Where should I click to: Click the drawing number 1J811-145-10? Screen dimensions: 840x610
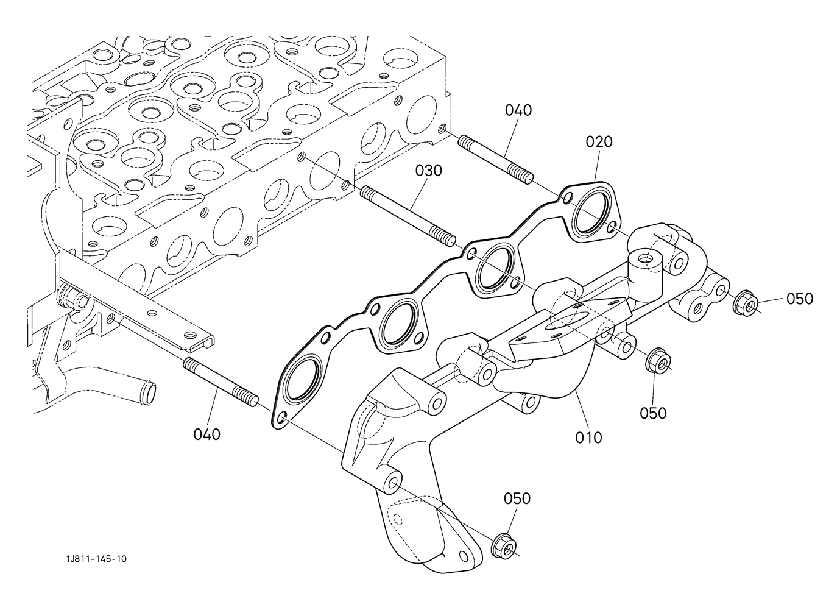[96, 559]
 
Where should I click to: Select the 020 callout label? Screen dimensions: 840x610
[599, 142]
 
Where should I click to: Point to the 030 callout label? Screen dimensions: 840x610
[429, 171]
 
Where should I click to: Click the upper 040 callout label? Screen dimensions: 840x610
[518, 110]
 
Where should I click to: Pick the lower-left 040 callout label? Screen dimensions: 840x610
[207, 434]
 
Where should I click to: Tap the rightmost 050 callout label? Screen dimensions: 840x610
[800, 299]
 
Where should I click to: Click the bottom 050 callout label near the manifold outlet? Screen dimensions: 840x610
[517, 498]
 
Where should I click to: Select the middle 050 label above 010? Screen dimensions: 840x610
[653, 413]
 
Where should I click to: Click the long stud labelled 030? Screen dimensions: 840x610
[408, 218]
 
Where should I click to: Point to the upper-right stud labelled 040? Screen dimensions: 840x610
[495, 160]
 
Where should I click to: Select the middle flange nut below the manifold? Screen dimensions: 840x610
[658, 361]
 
